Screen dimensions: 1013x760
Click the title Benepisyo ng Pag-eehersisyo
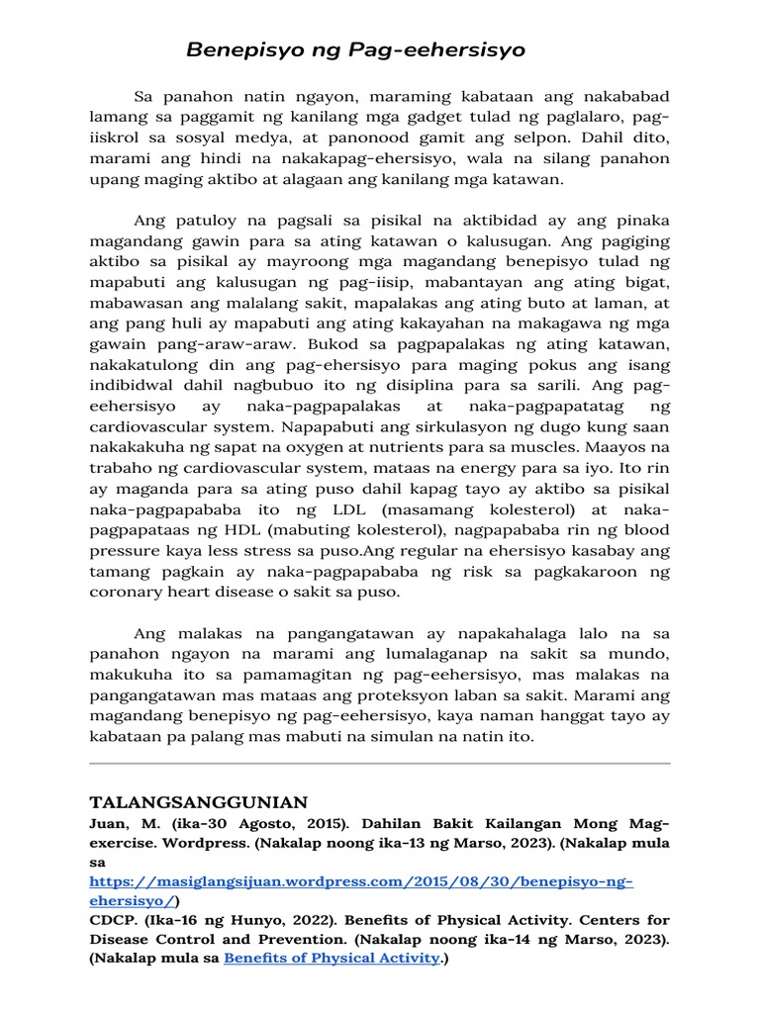click(x=356, y=49)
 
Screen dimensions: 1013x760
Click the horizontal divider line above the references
click(x=380, y=764)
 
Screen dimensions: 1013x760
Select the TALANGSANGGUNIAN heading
click(x=199, y=801)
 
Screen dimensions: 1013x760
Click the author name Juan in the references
click(x=109, y=823)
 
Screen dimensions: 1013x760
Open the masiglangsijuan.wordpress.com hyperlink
click(x=360, y=881)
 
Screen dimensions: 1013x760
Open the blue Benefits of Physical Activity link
click(x=331, y=959)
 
